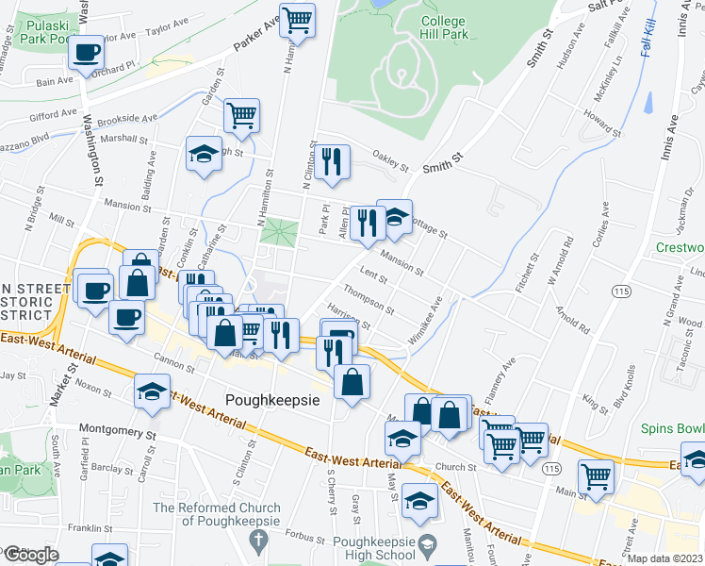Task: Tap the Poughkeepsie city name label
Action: (272, 399)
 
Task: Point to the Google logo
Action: (31, 555)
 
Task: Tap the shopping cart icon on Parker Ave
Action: (298, 18)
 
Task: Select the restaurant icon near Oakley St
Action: (329, 160)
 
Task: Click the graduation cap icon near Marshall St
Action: (203, 154)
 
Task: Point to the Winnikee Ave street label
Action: (425, 321)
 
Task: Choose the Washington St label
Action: (94, 151)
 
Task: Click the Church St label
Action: (455, 466)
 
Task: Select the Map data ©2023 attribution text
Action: (664, 558)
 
